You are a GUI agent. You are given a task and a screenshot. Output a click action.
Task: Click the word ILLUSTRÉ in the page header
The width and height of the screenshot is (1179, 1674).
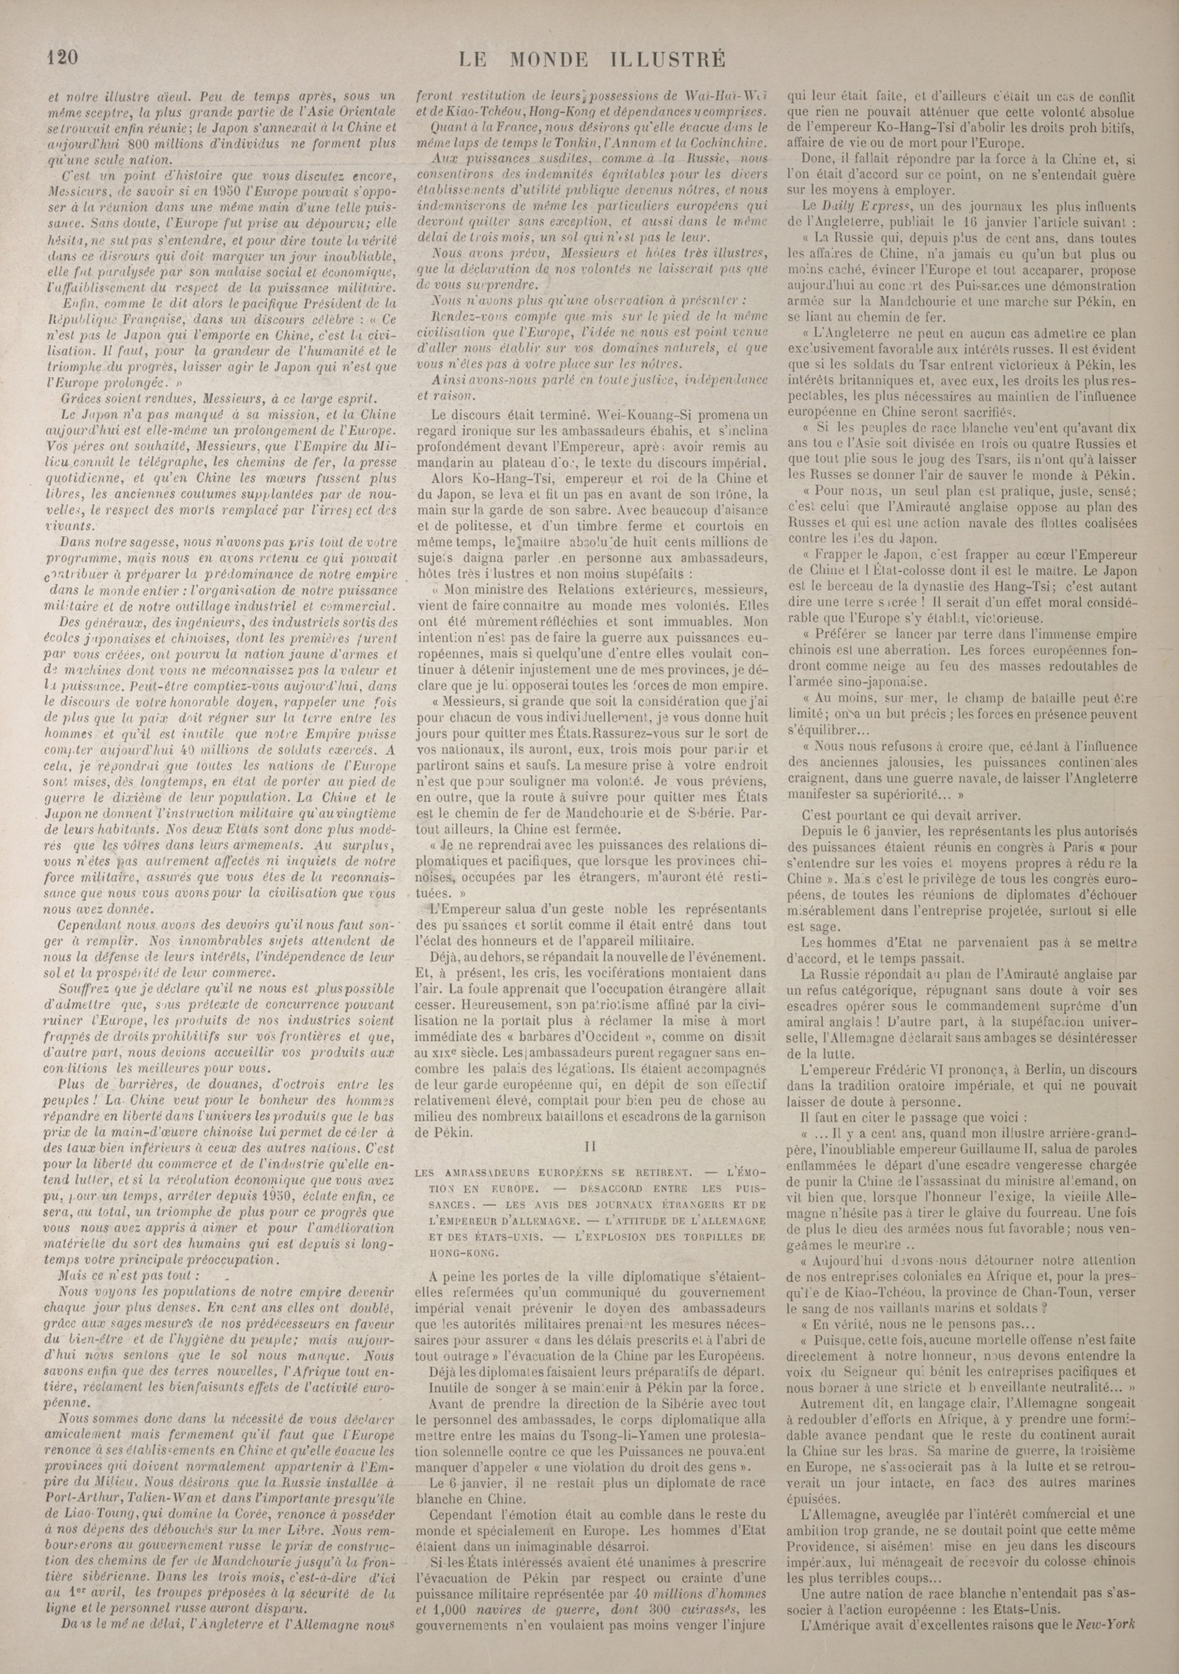pyautogui.click(x=661, y=59)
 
